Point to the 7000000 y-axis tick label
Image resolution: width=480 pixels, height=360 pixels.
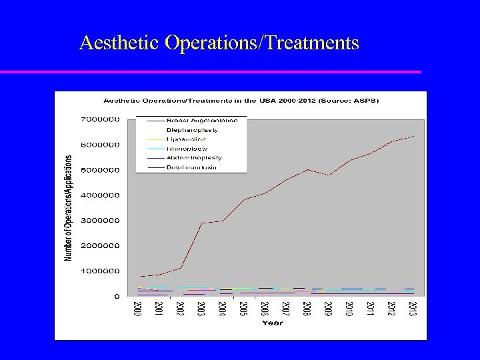tap(101, 119)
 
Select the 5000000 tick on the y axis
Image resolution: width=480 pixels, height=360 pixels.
tap(101, 170)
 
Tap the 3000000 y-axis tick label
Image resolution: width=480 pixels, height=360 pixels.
tap(101, 220)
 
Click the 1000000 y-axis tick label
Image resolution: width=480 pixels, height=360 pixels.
tap(101, 271)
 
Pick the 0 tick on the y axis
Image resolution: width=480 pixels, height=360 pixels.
tap(117, 295)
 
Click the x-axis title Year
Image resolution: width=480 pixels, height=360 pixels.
tap(272, 323)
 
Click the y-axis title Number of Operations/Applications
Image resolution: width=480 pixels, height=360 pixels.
tap(69, 207)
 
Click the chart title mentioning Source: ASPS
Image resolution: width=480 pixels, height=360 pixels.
tap(240, 101)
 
